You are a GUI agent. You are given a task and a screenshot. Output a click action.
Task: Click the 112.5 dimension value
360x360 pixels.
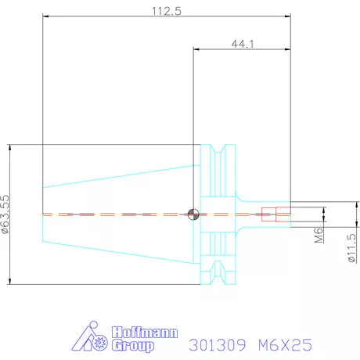click(167, 11)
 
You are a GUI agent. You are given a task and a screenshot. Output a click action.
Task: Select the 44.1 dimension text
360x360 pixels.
click(243, 44)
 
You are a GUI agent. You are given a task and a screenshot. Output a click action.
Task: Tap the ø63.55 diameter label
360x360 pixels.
click(5, 214)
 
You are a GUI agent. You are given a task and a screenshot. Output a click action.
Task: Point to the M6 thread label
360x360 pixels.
click(319, 236)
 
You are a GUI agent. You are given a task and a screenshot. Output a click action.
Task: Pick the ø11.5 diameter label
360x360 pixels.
click(352, 248)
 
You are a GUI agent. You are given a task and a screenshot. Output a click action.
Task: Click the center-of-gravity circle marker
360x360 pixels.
click(193, 214)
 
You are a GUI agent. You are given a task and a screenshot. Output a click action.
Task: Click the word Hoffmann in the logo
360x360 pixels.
click(145, 333)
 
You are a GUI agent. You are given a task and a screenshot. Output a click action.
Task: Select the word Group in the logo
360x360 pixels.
click(133, 346)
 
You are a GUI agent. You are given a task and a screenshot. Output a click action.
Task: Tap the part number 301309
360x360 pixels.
click(218, 345)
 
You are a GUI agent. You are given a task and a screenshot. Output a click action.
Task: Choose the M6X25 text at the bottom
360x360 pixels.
click(285, 345)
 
